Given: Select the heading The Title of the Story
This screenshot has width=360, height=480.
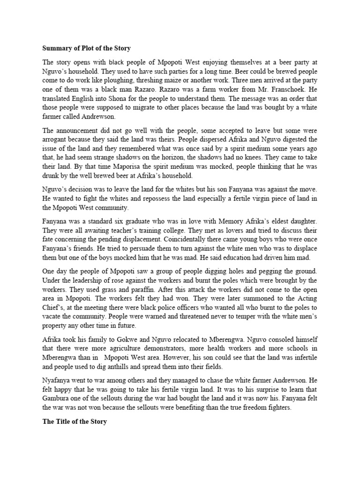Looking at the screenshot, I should pyautogui.click(x=75, y=421).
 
